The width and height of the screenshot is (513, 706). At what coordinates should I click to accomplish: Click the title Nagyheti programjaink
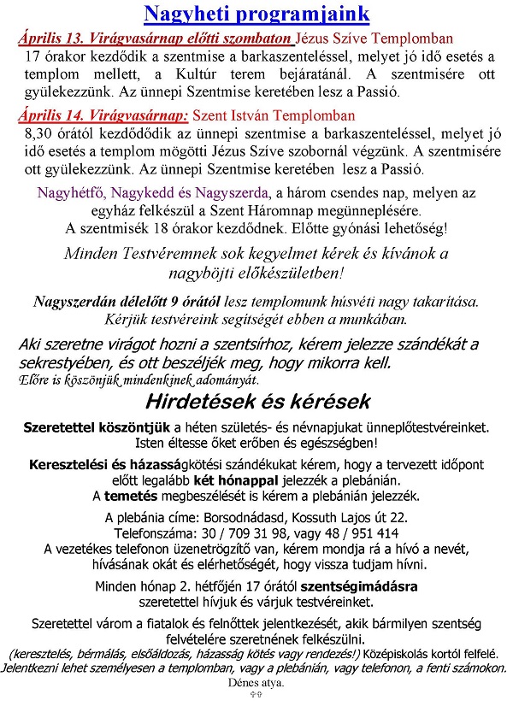pos(256,14)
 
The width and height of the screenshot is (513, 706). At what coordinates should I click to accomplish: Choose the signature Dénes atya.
pos(256,683)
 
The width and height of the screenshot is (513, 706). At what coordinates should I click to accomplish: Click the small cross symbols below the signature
pos(256,696)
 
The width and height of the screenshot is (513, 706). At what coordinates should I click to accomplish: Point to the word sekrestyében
pos(64,362)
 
